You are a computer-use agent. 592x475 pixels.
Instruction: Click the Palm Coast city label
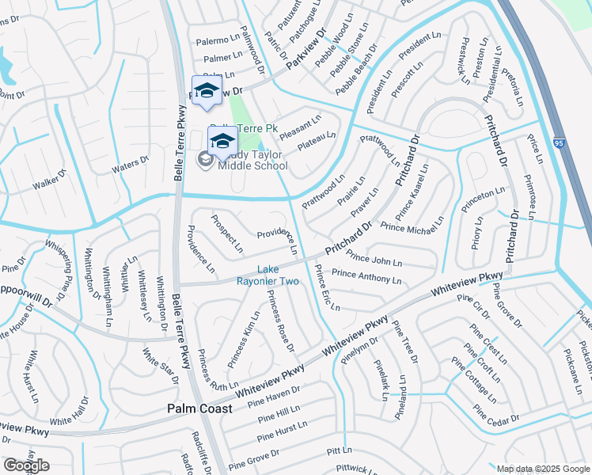[x=199, y=408]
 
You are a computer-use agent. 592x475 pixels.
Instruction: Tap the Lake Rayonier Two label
[x=268, y=275]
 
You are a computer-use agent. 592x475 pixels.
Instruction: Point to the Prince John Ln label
[x=374, y=259]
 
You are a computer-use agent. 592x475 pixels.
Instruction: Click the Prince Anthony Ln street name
[x=366, y=276]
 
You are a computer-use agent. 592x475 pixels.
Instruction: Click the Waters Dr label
[x=130, y=165]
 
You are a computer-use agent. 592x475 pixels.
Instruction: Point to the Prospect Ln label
[x=226, y=234]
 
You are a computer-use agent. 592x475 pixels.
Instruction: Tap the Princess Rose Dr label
[x=281, y=321]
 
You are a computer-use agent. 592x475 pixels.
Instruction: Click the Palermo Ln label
[x=218, y=39]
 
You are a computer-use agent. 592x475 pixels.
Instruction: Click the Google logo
[x=26, y=465]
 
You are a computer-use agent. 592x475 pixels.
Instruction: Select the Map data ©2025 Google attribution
[x=541, y=469]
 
